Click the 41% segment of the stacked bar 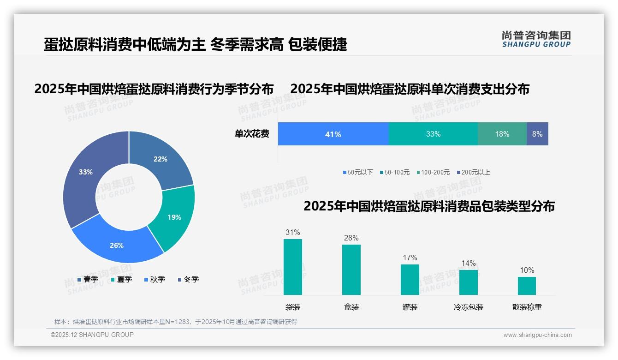pyautogui.click(x=333, y=134)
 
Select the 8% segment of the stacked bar pyautogui.click(x=537, y=134)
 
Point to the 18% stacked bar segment pyautogui.click(x=502, y=134)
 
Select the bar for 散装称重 pyautogui.click(x=527, y=286)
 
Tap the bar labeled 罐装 pyautogui.click(x=410, y=279)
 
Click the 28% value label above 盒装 pyautogui.click(x=351, y=238)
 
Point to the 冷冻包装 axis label pyautogui.click(x=469, y=307)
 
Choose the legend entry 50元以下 pyautogui.click(x=358, y=172)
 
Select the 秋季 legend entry pyautogui.click(x=154, y=279)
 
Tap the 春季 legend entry pyautogui.click(x=88, y=279)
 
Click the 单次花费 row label pyautogui.click(x=252, y=134)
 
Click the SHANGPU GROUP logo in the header pyautogui.click(x=536, y=39)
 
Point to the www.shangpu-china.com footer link pyautogui.click(x=537, y=335)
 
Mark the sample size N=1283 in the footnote pyautogui.click(x=175, y=322)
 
